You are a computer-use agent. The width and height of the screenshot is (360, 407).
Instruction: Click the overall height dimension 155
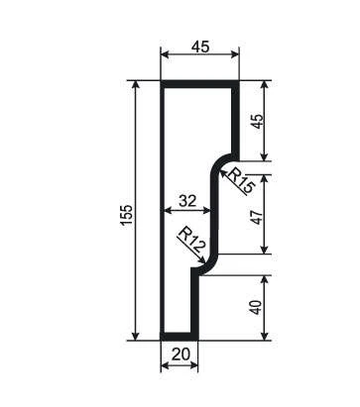127,215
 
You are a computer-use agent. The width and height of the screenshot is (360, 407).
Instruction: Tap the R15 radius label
241,180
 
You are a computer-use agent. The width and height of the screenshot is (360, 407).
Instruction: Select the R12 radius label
192,240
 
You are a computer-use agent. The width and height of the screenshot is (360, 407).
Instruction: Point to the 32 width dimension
187,201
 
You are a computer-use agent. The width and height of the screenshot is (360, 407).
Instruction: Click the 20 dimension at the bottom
180,355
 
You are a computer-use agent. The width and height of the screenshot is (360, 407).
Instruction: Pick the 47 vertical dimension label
257,217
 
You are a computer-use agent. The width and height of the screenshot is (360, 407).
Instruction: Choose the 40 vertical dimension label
257,307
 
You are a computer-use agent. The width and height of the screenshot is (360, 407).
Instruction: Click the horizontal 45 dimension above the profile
200,47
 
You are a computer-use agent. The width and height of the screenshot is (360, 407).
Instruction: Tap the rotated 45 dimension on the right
257,121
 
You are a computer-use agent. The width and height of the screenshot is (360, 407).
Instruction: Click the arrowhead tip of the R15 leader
220,169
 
